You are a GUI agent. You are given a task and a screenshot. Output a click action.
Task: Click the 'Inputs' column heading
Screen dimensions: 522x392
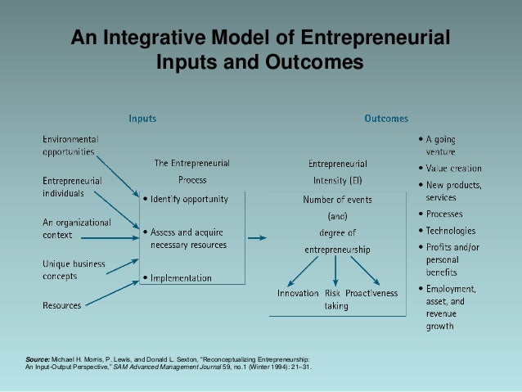tap(142, 119)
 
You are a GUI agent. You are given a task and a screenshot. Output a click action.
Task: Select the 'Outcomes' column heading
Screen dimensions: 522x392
tap(385, 119)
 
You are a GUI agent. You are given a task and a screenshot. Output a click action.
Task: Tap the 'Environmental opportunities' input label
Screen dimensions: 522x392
tap(70, 145)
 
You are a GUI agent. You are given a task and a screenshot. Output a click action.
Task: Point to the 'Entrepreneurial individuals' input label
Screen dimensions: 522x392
tap(73, 187)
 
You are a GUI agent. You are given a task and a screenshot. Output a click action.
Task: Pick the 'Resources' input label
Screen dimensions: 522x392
tap(61, 305)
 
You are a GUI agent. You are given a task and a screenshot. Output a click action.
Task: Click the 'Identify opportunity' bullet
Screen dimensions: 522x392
tap(189, 199)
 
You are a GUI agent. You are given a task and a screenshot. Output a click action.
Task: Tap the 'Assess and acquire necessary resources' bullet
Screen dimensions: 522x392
tap(189, 238)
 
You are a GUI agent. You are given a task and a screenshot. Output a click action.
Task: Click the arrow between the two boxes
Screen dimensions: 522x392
tap(257, 238)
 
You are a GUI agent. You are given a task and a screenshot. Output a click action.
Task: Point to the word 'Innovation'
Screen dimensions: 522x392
tap(299, 292)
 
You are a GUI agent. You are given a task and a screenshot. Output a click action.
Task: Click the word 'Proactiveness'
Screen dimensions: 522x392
tap(372, 292)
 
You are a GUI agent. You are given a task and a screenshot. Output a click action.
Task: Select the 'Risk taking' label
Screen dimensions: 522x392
tap(335, 299)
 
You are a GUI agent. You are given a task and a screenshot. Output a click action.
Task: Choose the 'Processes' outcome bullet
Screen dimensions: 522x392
tap(446, 215)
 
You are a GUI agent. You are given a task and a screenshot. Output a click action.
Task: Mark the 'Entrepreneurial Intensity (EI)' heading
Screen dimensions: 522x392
tap(337, 171)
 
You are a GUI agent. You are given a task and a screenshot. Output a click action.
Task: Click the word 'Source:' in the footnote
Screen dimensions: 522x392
tap(38, 360)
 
